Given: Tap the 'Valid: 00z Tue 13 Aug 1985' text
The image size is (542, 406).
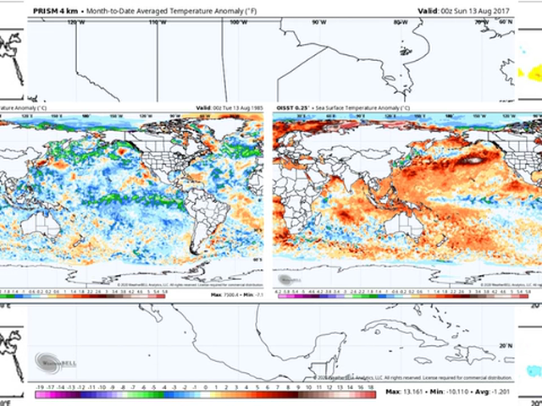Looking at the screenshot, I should [x=229, y=108].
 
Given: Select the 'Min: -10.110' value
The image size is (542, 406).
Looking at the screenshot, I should [x=458, y=392].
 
